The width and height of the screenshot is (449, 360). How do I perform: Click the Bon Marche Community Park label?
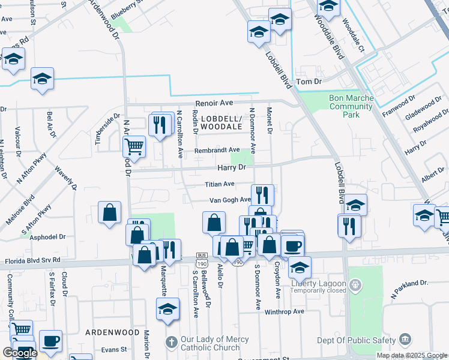351,106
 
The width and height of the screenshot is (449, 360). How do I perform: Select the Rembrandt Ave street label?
217,150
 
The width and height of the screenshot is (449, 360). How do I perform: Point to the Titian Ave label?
220,185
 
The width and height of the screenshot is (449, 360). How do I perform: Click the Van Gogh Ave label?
229,200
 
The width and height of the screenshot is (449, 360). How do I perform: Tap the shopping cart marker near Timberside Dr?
134,145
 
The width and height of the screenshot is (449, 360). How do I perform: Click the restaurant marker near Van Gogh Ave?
262,194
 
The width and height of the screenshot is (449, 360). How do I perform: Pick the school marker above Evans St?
167,310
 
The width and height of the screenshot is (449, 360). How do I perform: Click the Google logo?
20,353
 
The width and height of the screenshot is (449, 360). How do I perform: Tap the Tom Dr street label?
310,81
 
